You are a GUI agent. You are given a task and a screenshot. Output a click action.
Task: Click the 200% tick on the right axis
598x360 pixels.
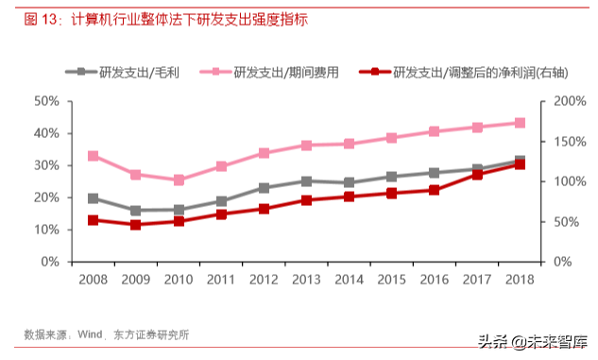(x=570, y=101)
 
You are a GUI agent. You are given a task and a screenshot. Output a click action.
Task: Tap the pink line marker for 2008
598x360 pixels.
(x=93, y=156)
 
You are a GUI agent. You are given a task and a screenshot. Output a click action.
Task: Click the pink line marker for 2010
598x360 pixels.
(x=179, y=180)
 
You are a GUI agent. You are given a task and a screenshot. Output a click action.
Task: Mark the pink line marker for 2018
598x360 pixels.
(x=520, y=123)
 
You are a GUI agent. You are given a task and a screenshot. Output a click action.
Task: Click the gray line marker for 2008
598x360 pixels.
(x=93, y=198)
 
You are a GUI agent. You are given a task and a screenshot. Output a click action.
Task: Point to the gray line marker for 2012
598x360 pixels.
(x=264, y=188)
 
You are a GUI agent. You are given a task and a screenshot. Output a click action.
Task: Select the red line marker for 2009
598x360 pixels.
(x=136, y=225)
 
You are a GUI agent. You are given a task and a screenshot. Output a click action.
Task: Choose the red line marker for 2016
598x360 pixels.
(x=435, y=190)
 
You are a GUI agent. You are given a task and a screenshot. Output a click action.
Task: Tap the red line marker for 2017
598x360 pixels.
(x=477, y=174)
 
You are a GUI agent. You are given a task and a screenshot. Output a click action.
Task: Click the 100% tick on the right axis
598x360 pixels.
(x=570, y=181)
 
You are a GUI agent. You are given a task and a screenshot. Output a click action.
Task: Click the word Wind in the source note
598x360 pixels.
(x=90, y=334)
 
